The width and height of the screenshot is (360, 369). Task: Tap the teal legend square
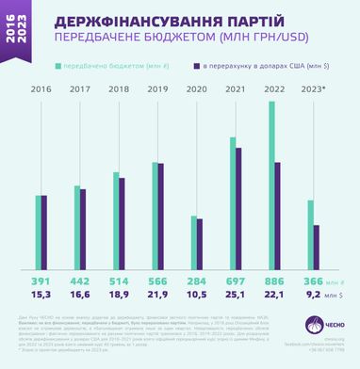[x=59, y=67]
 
